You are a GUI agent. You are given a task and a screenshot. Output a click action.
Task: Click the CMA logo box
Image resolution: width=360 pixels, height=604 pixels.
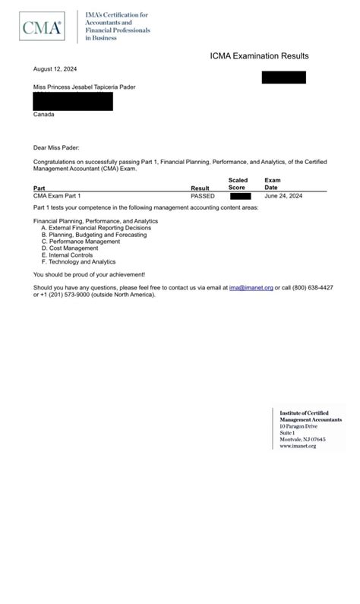(x=41, y=28)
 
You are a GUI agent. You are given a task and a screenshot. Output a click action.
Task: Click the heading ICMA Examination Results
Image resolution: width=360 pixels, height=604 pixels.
(x=259, y=56)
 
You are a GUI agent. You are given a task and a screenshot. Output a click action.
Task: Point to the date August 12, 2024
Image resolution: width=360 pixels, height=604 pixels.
(x=55, y=69)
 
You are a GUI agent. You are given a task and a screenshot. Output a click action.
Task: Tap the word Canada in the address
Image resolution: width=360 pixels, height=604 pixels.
(x=43, y=115)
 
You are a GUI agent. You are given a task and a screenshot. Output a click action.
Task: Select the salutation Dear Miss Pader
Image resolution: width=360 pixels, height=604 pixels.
(x=56, y=147)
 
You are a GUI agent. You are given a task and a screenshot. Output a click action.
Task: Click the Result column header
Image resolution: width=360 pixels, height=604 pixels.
(x=200, y=188)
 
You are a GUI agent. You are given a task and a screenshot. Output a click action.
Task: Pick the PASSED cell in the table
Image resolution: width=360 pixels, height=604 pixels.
(x=203, y=196)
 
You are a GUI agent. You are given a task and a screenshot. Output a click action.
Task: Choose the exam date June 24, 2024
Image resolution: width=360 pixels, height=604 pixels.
(x=283, y=196)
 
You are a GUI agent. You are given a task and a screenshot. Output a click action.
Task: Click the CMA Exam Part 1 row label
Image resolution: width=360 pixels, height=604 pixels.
(x=57, y=196)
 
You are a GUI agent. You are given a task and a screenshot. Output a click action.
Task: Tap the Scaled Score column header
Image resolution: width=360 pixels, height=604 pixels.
(x=238, y=184)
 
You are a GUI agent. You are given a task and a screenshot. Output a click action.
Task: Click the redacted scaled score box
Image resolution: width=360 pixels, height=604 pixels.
(x=240, y=196)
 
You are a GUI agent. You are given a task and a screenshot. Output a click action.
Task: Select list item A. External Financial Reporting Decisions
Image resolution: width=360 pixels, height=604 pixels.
(x=96, y=228)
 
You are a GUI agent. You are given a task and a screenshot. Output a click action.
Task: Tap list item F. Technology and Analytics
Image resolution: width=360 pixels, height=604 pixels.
(x=78, y=262)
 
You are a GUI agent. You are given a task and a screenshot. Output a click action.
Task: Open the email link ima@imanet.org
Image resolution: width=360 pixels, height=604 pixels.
(x=251, y=288)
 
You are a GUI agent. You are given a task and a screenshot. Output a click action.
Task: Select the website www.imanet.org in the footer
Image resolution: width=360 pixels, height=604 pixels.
(x=298, y=446)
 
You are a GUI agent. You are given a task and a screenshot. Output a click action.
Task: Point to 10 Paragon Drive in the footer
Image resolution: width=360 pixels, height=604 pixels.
(x=298, y=426)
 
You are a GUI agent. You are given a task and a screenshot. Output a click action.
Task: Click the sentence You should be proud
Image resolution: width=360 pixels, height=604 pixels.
(x=89, y=274)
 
